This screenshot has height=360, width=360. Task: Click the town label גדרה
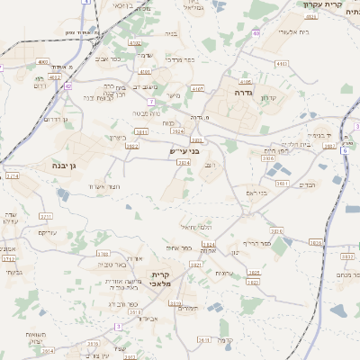point(244,91)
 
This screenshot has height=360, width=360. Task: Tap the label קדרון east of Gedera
point(267,98)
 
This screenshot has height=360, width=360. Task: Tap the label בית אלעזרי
point(269,31)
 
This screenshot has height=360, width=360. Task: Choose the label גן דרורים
point(56,119)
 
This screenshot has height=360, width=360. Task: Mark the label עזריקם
point(49,233)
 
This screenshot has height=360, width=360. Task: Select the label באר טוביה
point(113,265)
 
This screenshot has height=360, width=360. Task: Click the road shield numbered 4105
point(245,81)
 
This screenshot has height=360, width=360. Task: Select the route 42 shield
point(67,86)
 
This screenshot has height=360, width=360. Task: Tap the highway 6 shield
point(344,150)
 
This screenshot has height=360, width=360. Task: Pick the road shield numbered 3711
point(46,217)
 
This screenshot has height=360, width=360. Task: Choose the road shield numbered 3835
point(315,242)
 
